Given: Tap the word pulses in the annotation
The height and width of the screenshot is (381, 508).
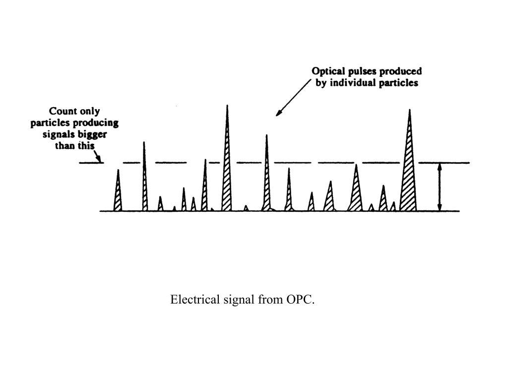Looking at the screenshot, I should pyautogui.click(x=364, y=71).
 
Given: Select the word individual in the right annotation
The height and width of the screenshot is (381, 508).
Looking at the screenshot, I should pyautogui.click(x=350, y=83).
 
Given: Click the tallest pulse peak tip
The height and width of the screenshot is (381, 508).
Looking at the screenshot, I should pyautogui.click(x=227, y=106).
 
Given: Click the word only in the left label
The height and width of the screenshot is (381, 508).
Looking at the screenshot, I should pyautogui.click(x=89, y=111).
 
